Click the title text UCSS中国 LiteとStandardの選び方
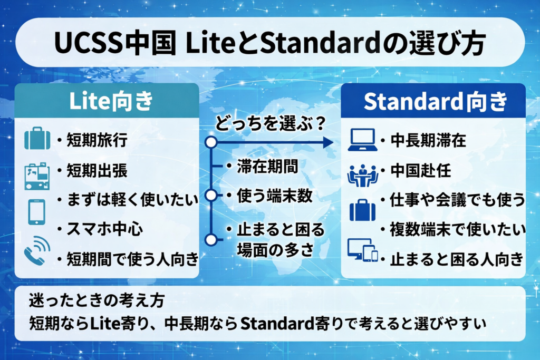point(269,43)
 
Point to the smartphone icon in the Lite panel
point(36,211)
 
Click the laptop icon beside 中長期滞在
point(362,140)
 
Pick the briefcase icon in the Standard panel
point(362,210)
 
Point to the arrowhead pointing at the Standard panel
point(327,142)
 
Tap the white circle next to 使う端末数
point(211,196)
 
